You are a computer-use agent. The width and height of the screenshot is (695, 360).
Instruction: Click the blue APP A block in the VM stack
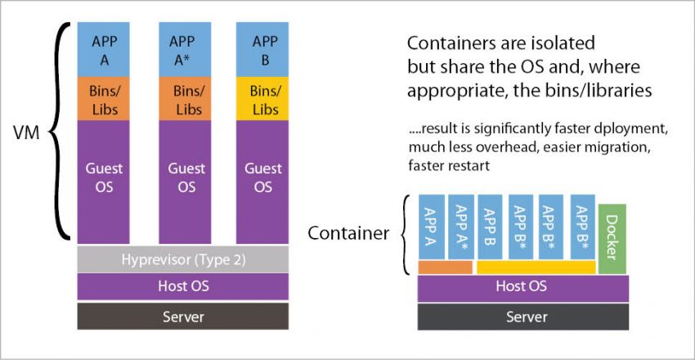pos(105,50)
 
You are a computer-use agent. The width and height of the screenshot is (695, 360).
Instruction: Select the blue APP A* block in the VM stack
pos(182,50)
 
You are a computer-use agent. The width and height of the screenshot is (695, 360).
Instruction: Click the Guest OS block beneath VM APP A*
pos(182,178)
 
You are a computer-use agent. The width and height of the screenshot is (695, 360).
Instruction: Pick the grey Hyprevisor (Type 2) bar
pos(182,259)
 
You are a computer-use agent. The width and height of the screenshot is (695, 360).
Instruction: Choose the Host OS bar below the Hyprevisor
pos(182,287)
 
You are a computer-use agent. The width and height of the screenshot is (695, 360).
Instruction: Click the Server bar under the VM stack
pos(182,316)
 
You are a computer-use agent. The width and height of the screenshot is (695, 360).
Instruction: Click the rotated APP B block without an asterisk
pos(491,227)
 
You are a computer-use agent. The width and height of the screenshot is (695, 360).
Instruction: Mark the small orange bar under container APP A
pos(445,267)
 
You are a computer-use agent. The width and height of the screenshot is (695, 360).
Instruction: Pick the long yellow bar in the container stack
pos(536,267)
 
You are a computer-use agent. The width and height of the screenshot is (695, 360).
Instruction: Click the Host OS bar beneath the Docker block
pos(523,287)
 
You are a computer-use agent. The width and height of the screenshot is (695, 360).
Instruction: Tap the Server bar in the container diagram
pos(523,316)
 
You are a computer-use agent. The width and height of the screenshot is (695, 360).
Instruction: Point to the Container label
pos(347,234)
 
